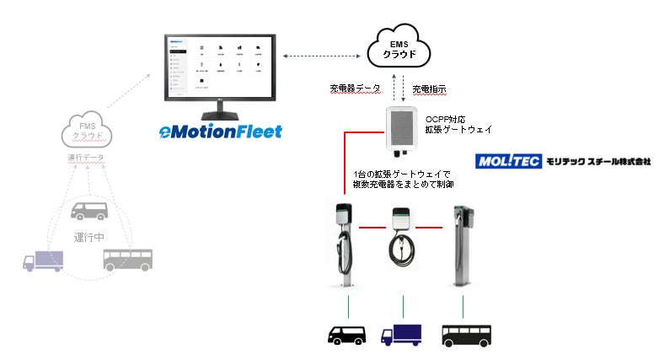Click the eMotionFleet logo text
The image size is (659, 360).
[222, 131]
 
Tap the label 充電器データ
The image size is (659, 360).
[354, 88]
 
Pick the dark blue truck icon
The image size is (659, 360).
[401, 336]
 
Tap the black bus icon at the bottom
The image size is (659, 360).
[466, 335]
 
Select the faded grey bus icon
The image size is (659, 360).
[129, 259]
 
